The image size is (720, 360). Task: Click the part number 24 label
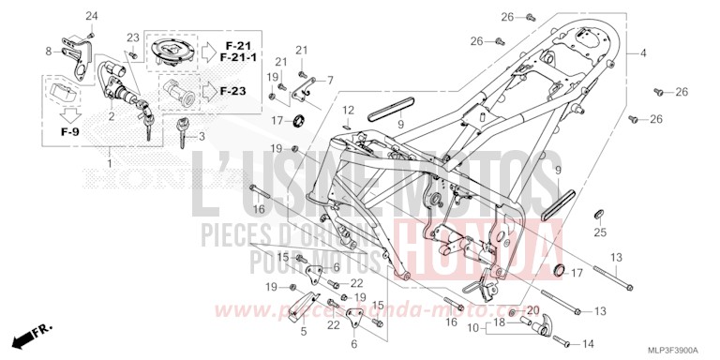tap(92, 17)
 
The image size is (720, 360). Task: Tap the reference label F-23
tap(234, 91)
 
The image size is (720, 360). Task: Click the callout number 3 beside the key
tap(201, 137)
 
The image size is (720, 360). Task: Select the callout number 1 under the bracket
tap(112, 164)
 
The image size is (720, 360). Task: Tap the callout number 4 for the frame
tap(643, 53)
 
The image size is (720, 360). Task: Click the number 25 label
tap(601, 232)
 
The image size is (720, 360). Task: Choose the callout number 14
tap(589, 343)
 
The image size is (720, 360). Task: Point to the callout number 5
tap(303, 331)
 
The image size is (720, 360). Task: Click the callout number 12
tap(348, 110)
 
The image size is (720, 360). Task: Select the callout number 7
tap(329, 81)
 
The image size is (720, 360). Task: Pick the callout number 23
tap(133, 37)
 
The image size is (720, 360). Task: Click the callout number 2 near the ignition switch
tap(112, 116)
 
